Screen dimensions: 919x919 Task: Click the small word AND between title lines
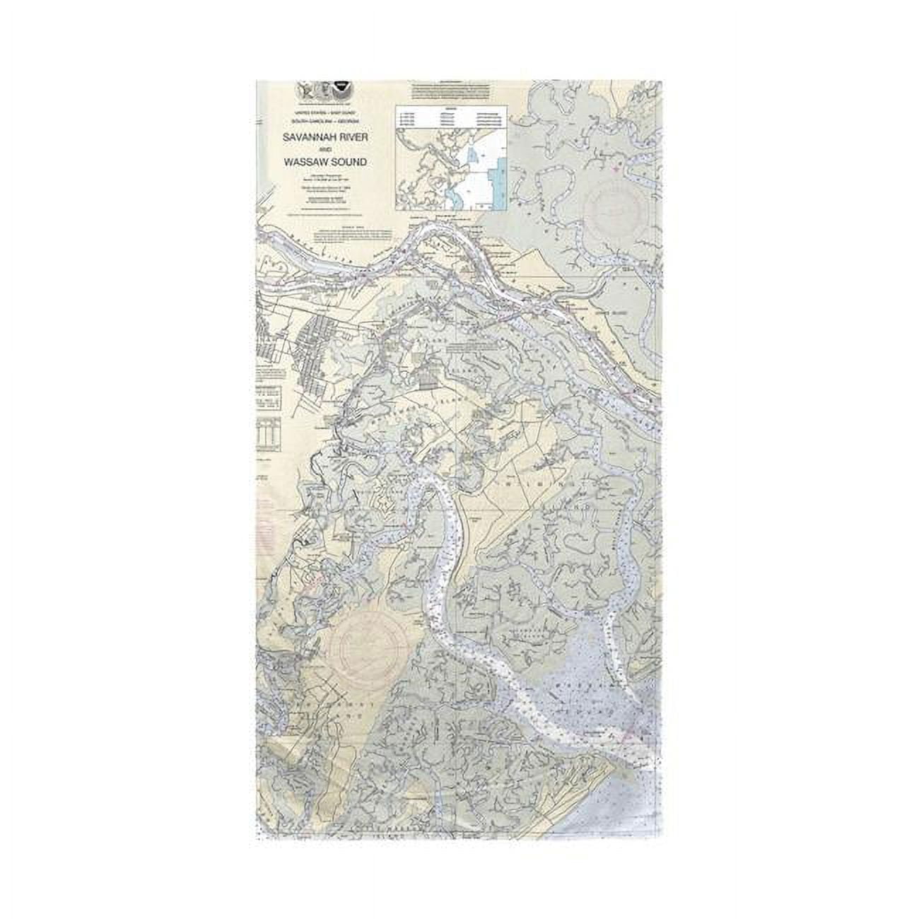325,151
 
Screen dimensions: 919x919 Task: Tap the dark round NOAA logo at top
344,90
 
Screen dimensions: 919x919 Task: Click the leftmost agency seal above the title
303,90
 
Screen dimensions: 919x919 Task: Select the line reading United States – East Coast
325,113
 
